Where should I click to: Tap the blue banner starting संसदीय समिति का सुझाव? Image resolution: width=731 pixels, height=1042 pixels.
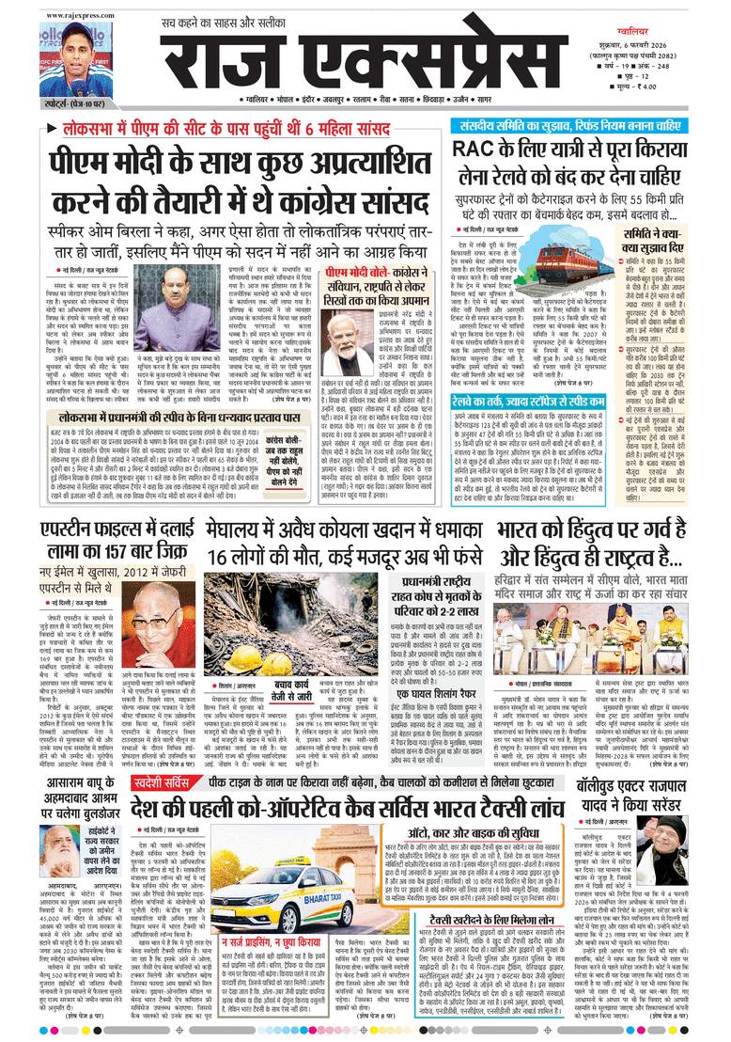pos(583,125)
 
